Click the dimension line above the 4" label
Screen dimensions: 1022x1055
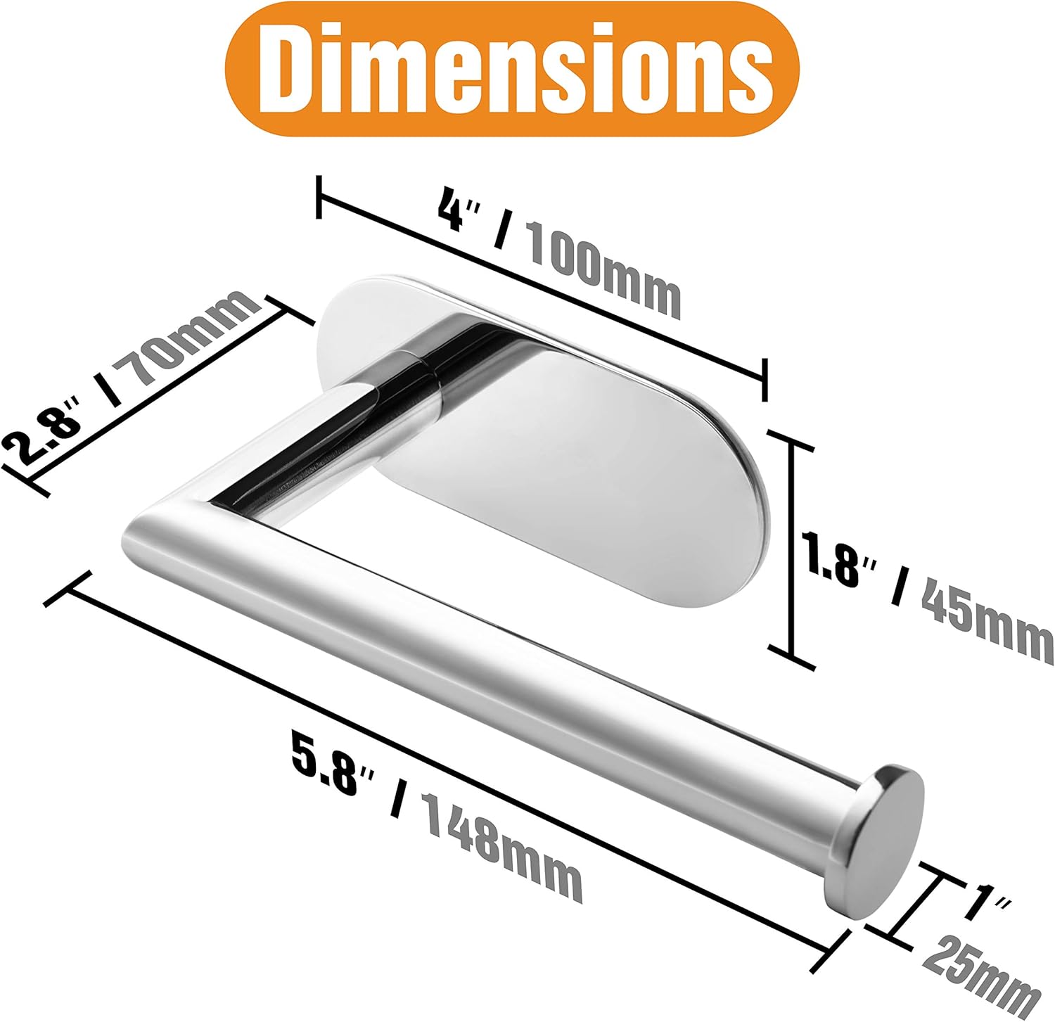click(542, 288)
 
